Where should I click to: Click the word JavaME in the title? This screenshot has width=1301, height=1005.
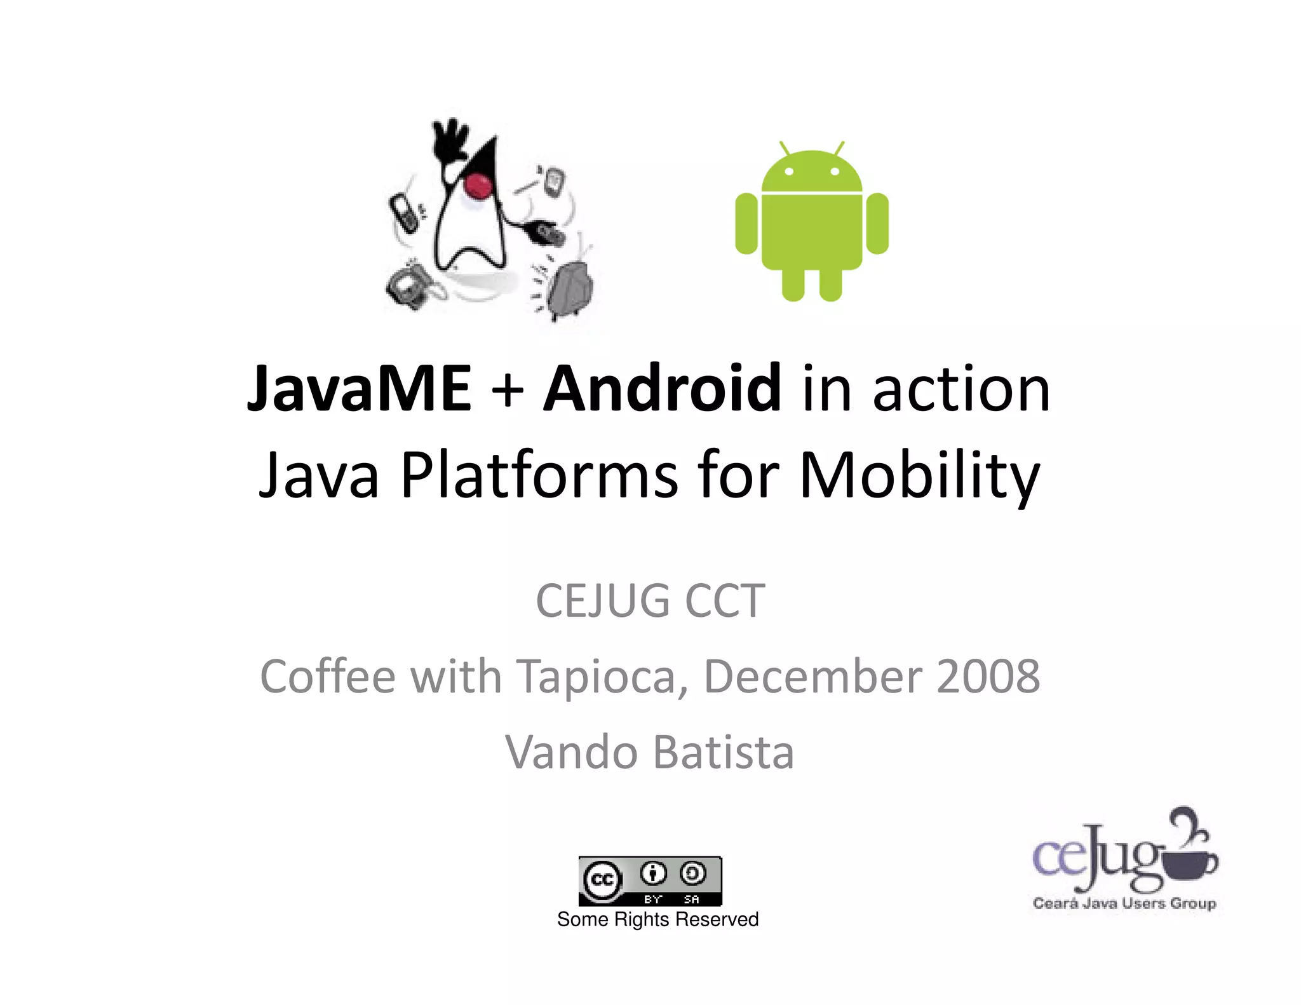(359, 388)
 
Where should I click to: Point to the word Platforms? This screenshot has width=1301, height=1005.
(539, 475)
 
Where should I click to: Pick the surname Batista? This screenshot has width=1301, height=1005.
(724, 752)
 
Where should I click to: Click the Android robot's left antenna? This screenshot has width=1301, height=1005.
(785, 149)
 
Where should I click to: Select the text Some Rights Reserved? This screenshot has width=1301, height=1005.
(657, 919)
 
